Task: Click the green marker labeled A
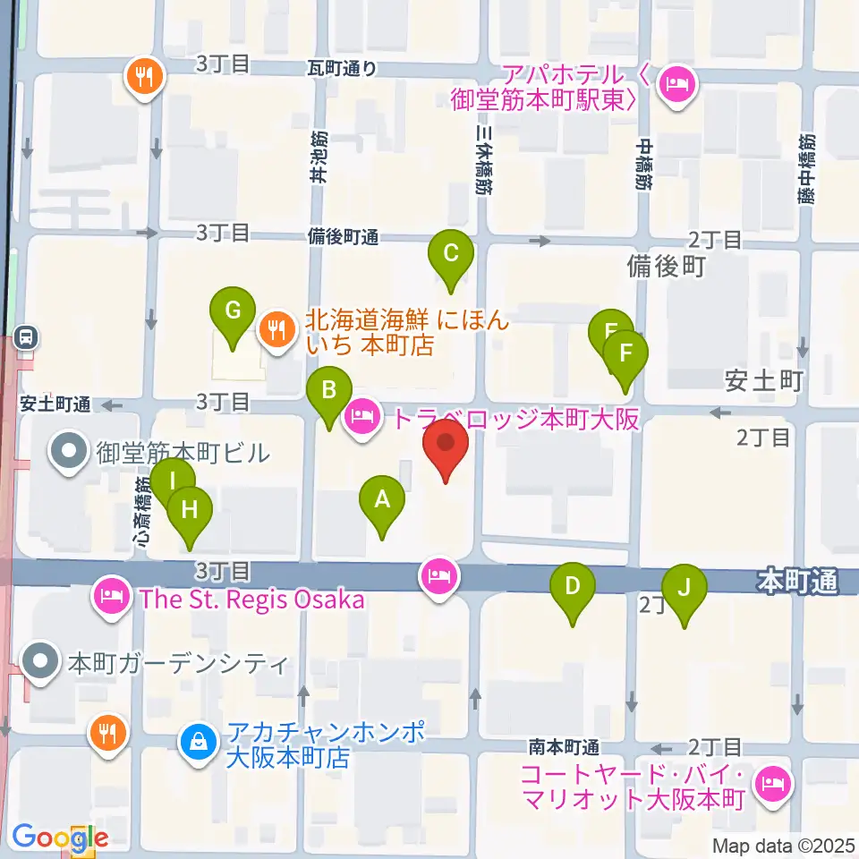(382, 503)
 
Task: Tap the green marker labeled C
(451, 255)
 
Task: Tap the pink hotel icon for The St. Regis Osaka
(111, 597)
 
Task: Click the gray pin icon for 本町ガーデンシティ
(40, 663)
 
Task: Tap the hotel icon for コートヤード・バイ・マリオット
(770, 785)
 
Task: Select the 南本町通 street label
(564, 747)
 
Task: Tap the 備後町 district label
(667, 267)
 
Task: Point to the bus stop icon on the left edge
(27, 337)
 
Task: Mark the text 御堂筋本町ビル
(183, 452)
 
